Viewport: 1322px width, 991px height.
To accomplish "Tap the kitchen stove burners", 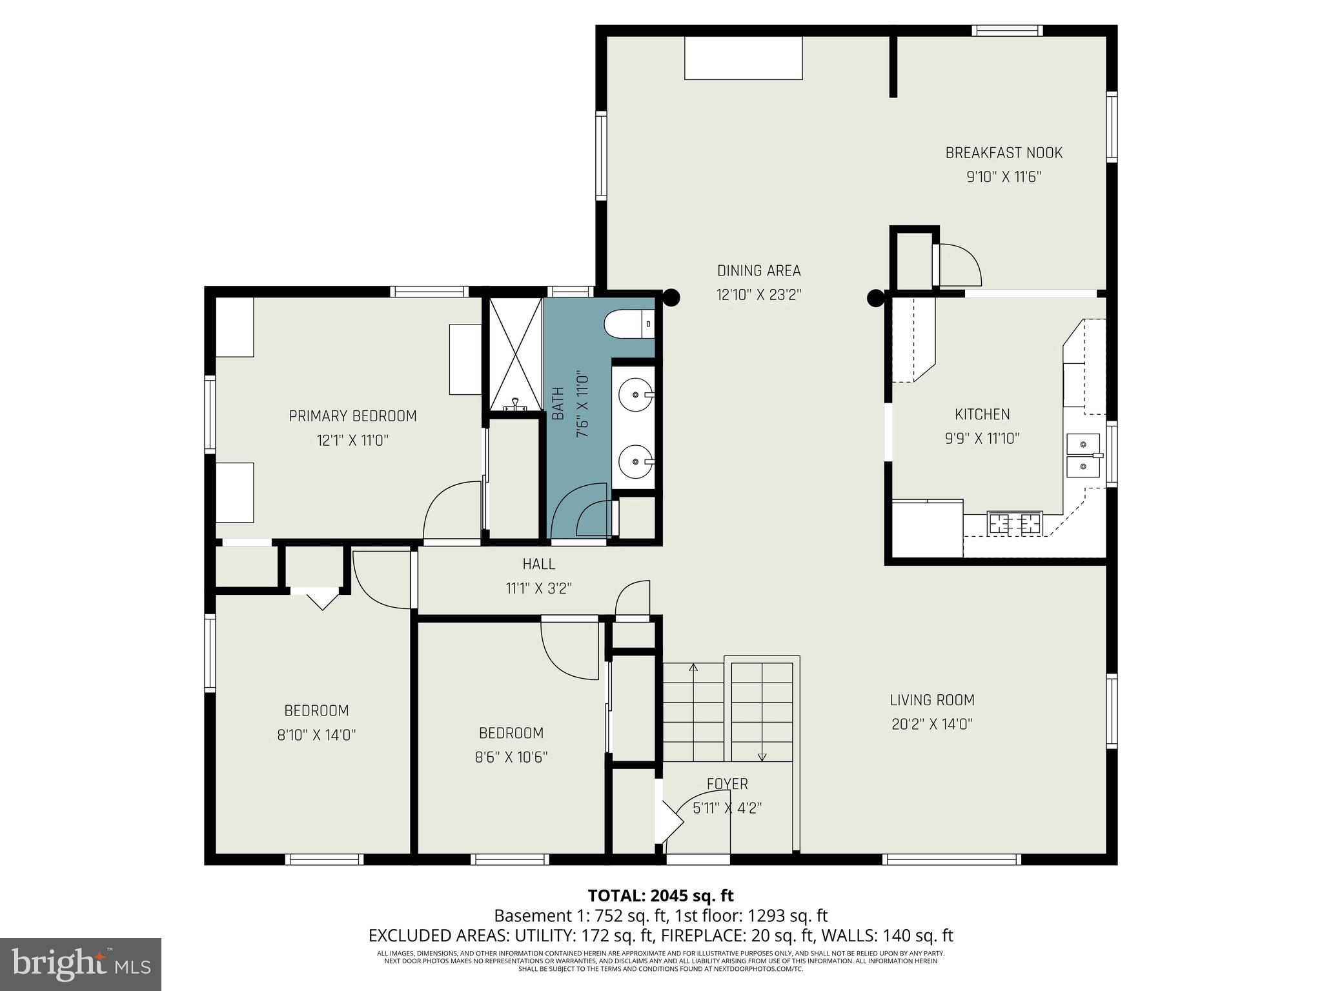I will click(1015, 522).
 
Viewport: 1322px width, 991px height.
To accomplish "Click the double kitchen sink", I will click(1083, 455).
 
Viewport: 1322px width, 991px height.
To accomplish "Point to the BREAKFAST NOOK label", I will click(1004, 153).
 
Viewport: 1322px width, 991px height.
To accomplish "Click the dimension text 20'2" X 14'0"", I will click(932, 725).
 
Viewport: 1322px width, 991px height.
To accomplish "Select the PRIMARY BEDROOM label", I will click(352, 416).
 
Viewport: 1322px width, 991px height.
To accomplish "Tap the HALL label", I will click(539, 564).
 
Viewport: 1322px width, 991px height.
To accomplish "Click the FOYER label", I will click(727, 784).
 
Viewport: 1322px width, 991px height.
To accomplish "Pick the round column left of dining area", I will click(671, 297).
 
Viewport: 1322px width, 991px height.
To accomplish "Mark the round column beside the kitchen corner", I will click(875, 298).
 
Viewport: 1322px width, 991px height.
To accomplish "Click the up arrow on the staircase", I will click(694, 668).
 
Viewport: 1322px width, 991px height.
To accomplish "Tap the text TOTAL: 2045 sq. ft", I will click(660, 896).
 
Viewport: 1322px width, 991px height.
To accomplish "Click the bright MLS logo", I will click(81, 965).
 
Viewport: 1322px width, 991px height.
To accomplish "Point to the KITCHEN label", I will click(982, 414).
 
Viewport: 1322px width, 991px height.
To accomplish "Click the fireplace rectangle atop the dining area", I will click(743, 58).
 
